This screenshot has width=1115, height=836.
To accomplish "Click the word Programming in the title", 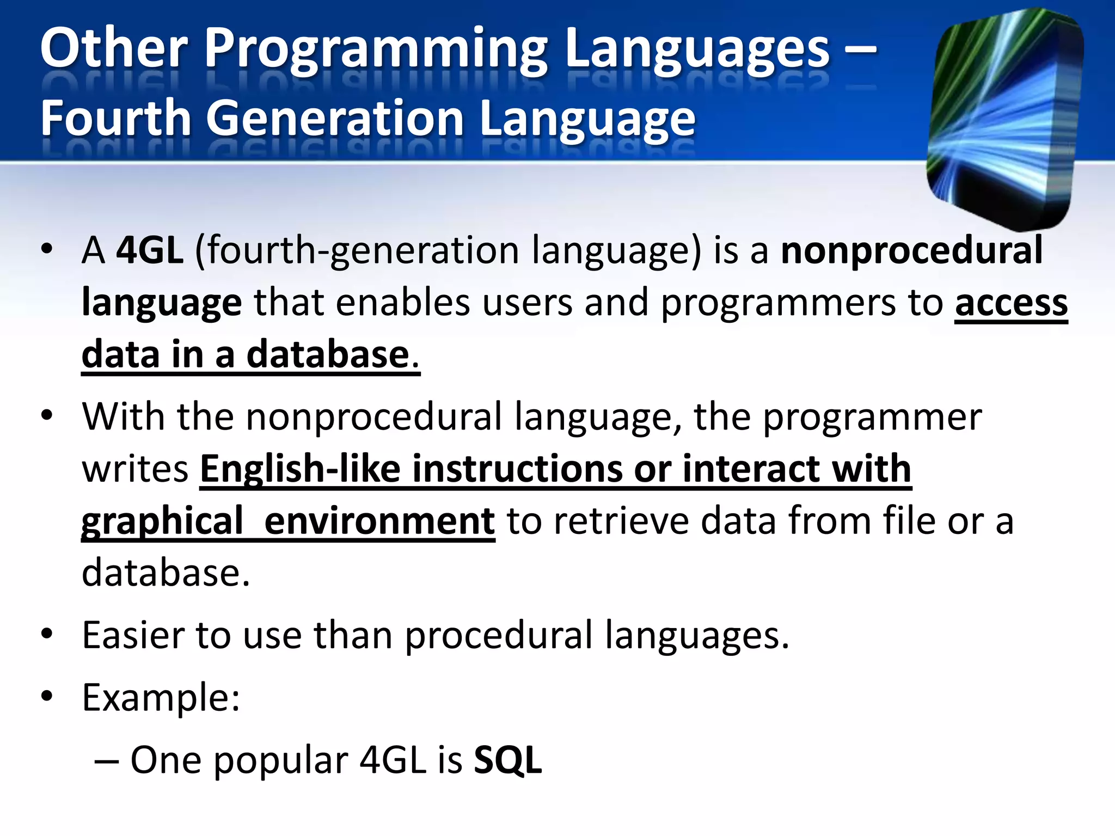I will [x=376, y=50].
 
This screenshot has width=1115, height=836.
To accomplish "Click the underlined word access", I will [x=1011, y=303].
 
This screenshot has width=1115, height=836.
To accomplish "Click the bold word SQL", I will [x=507, y=760].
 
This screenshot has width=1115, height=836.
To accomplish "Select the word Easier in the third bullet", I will [x=133, y=635].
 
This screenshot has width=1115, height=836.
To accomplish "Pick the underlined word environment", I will [x=379, y=521].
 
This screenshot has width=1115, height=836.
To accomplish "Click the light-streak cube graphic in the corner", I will [x=1005, y=117].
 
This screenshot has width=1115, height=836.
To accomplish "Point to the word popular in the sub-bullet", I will [x=280, y=760].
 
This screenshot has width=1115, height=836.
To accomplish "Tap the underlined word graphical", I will [x=162, y=521].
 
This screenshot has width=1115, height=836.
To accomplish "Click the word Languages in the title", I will [x=697, y=50].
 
